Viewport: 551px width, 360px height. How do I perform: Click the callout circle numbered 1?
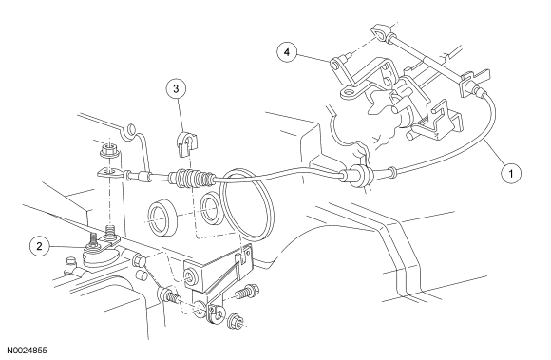[x=511, y=173]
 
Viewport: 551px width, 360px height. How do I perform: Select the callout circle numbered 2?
[x=39, y=246]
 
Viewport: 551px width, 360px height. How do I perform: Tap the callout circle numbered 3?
[x=176, y=89]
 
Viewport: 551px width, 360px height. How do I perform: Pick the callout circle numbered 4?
[x=287, y=52]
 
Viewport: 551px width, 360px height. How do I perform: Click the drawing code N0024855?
[x=27, y=351]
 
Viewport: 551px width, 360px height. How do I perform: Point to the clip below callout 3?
[x=186, y=143]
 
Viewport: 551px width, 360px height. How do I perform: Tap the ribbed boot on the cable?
[x=191, y=177]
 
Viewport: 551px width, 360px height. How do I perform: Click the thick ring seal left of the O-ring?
[x=163, y=218]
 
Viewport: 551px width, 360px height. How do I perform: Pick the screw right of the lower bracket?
[x=247, y=292]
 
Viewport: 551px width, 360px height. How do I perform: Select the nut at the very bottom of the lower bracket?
[x=235, y=321]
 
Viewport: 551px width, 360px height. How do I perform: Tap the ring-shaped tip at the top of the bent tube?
[x=130, y=128]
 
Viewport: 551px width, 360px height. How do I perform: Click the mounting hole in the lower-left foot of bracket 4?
[x=350, y=94]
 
